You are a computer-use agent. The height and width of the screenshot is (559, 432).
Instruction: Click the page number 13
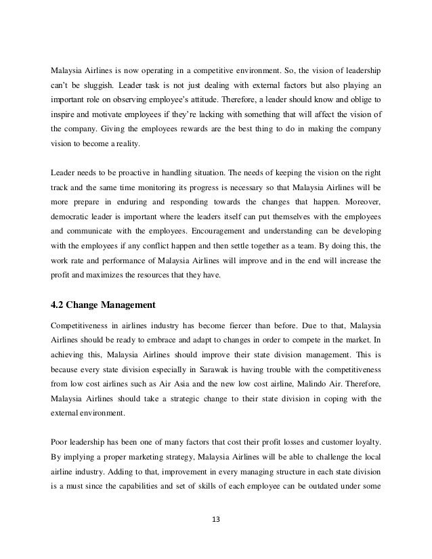click(x=216, y=521)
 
